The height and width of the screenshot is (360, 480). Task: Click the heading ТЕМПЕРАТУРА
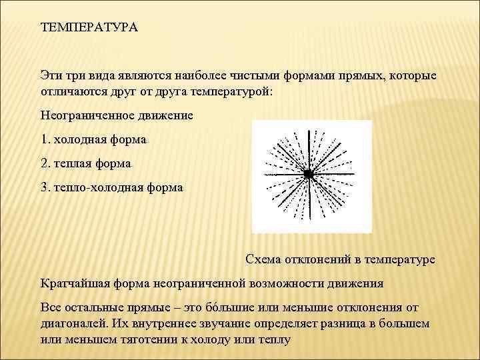[89, 29]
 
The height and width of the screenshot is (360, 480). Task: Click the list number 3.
[44, 187]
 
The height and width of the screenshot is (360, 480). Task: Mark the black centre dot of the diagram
[309, 174]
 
